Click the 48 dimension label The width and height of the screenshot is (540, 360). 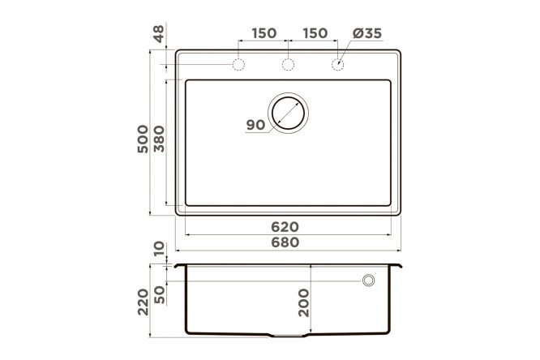point(159,34)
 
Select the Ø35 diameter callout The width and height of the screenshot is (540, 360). point(367,33)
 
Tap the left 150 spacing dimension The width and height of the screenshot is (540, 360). point(264,33)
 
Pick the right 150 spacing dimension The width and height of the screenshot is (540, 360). point(315,33)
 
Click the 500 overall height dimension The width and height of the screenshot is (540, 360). point(143,139)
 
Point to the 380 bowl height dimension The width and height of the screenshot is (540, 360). point(159,139)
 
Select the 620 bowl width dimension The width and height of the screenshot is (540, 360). point(285,227)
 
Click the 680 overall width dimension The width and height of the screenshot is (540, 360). point(285,242)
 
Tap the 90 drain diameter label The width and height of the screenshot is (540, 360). point(255,125)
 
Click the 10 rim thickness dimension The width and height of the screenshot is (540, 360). point(159,249)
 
